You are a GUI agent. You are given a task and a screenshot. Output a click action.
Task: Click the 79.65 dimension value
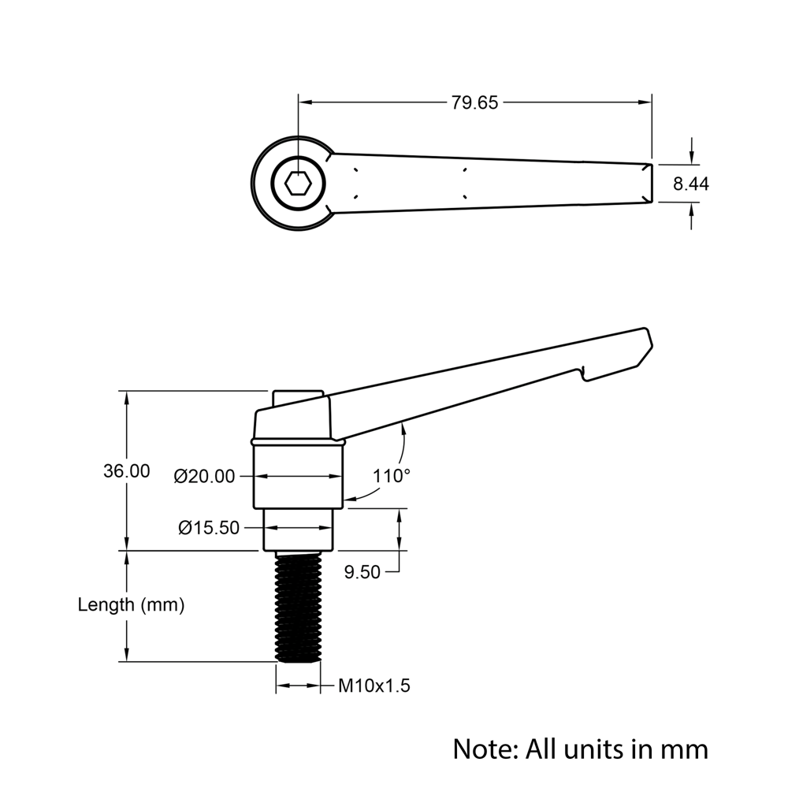[474, 102]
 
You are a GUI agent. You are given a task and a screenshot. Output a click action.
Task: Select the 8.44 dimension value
[691, 184]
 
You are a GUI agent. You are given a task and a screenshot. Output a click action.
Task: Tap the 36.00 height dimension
[126, 471]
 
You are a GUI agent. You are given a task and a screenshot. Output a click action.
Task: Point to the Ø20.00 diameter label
[205, 477]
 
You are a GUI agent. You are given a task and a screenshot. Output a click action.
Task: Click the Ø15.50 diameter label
[209, 528]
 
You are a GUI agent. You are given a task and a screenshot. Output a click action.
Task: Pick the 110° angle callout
[392, 476]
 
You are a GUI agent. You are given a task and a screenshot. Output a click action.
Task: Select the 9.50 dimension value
[362, 573]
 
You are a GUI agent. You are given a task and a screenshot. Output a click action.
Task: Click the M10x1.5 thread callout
[374, 686]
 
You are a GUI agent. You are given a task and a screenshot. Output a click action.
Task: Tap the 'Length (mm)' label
[131, 605]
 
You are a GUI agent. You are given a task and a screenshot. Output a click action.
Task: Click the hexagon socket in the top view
[298, 184]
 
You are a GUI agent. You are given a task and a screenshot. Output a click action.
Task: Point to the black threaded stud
[298, 607]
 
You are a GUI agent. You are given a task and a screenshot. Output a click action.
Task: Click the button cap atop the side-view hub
[298, 396]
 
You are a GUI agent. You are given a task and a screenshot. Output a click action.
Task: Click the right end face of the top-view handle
[650, 183]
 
